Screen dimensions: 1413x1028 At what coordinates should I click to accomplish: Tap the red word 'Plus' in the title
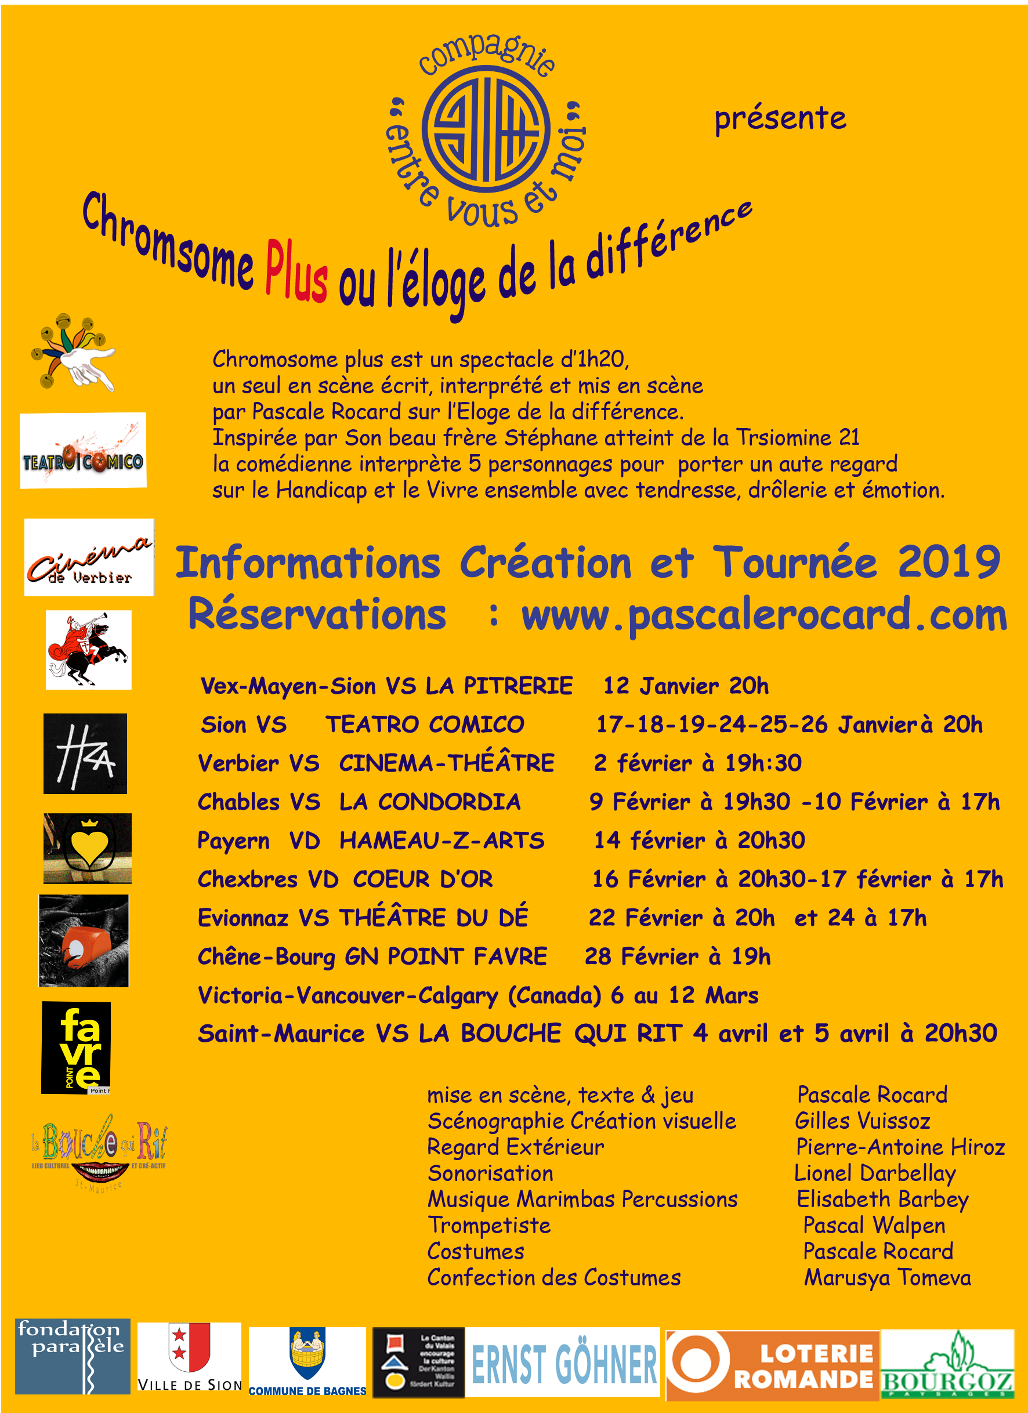pos(296,272)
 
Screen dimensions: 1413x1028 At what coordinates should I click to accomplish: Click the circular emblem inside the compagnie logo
pos(486,128)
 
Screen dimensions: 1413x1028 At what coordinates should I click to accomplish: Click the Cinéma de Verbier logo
pos(89,557)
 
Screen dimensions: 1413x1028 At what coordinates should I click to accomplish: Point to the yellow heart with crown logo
pos(88,848)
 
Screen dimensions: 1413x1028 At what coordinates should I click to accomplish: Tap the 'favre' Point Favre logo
pos(77,1048)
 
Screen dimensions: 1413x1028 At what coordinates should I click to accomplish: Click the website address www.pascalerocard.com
pos(763,615)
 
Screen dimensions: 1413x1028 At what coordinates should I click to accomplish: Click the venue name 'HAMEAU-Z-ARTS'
pos(441,840)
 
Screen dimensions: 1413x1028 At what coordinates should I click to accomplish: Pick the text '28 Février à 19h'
pos(677,957)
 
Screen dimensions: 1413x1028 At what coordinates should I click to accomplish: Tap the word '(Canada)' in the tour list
pos(555,995)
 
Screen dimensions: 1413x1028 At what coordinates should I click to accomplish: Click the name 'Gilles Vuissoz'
pos(862,1121)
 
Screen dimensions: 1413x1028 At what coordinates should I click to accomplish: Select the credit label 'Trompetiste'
pos(489,1226)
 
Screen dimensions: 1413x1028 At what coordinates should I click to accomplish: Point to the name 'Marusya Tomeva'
pos(887,1278)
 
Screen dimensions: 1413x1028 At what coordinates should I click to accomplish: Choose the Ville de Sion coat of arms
pos(189,1347)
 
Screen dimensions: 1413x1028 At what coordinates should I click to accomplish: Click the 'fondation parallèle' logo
pos(73,1356)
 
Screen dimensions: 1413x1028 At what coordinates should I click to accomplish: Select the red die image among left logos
pos(84,940)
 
